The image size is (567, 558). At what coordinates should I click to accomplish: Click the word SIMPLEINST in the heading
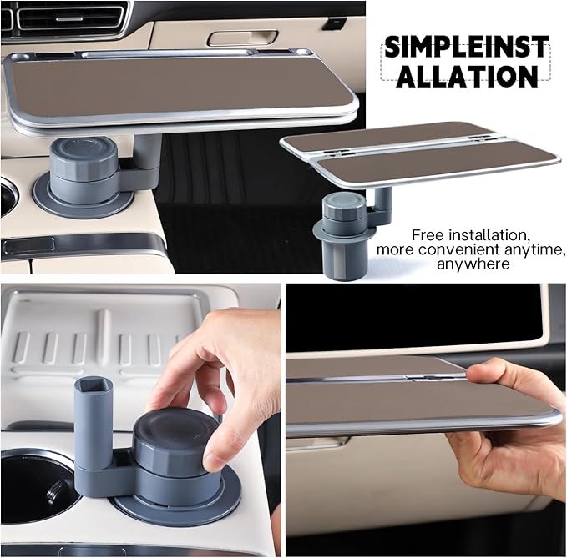click(467, 47)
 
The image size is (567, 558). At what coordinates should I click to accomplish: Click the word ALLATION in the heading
click(467, 76)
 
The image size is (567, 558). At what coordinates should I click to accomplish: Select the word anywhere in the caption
click(473, 264)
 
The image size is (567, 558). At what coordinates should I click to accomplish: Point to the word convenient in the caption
click(458, 249)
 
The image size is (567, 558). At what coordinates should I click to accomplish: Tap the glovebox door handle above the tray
click(243, 38)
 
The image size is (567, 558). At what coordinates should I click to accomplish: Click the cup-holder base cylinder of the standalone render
click(340, 257)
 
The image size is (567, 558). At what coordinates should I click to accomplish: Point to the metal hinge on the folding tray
click(436, 377)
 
